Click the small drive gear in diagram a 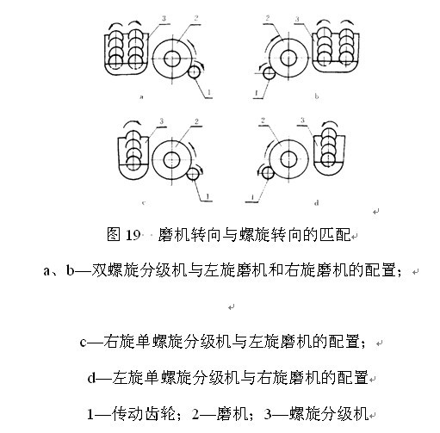tap(194, 71)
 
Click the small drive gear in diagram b tap(269, 73)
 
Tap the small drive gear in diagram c tap(193, 174)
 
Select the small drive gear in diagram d tap(268, 173)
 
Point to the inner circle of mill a tap(172, 59)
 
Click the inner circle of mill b tap(288, 58)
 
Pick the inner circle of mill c tap(171, 160)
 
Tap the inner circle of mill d tap(288, 159)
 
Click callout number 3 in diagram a tap(164, 19)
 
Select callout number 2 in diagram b tap(268, 18)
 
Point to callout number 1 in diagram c tap(208, 196)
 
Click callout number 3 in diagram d tap(302, 121)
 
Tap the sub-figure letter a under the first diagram tap(141, 96)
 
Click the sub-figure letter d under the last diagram tap(317, 203)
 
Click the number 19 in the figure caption tap(133, 235)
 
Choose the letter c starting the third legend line tap(84, 343)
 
